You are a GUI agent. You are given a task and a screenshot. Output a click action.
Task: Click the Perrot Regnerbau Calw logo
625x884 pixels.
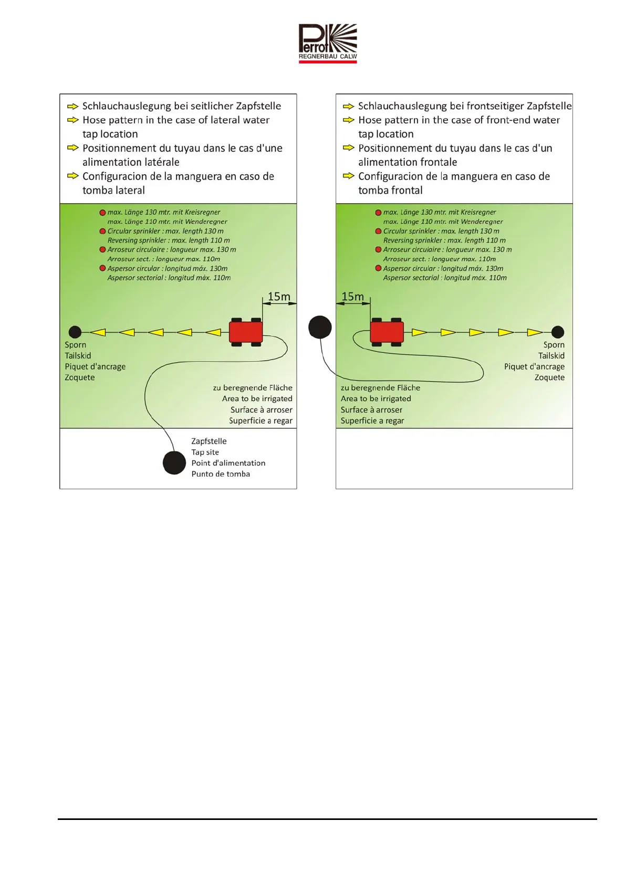pos(328,43)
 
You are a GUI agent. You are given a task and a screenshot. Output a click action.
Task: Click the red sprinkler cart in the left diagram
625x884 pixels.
pos(246,332)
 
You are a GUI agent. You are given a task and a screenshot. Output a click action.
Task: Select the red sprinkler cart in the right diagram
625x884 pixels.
pos(387,332)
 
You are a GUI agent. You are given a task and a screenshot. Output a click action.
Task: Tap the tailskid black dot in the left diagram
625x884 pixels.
pos(75,332)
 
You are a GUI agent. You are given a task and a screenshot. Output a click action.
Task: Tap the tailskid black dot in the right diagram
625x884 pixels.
pos(558,332)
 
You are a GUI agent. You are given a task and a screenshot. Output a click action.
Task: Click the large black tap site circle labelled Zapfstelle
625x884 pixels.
pos(174,462)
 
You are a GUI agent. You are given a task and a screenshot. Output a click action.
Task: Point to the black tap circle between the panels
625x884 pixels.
pos(320,327)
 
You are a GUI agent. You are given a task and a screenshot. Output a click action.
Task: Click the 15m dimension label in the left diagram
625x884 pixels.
pos(279,297)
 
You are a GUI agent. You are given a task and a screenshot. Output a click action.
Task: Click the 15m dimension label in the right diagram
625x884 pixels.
pos(352,297)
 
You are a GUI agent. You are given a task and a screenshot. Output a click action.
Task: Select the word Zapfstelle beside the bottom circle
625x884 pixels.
pos(209,441)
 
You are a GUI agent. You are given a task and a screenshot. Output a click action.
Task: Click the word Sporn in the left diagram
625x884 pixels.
pos(75,345)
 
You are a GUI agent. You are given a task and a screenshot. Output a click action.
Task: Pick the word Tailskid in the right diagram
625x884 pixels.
pos(551,356)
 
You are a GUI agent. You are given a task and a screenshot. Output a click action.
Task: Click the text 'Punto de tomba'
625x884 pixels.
pos(221,474)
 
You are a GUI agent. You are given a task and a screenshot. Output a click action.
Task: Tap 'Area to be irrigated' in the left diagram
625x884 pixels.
pos(257,399)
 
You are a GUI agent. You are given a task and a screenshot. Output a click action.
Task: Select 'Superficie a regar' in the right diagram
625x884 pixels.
pos(372,421)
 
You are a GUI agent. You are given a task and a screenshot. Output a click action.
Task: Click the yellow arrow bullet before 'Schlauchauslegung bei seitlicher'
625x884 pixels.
pos(72,107)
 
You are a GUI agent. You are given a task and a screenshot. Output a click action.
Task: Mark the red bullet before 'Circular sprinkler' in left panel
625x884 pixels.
pos(103,231)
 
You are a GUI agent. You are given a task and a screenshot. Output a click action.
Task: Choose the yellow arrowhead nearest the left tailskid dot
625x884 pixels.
pos(98,332)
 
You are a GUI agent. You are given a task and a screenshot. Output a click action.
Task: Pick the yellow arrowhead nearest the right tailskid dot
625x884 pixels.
pos(535,332)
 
